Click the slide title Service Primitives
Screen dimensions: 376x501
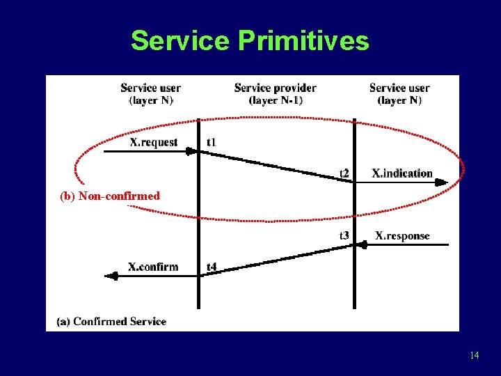250,41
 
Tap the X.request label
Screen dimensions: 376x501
154,142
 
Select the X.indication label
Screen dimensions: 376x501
402,173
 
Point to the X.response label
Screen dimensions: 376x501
402,236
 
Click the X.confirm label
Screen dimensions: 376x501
153,267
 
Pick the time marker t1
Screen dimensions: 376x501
212,142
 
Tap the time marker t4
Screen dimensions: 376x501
212,267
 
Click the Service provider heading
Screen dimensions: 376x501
276,88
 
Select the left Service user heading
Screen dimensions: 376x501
150,88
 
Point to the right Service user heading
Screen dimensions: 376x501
399,88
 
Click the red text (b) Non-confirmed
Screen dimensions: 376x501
110,196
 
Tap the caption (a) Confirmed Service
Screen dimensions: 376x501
111,321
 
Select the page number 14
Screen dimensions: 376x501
474,355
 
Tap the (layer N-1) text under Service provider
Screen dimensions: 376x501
276,100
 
